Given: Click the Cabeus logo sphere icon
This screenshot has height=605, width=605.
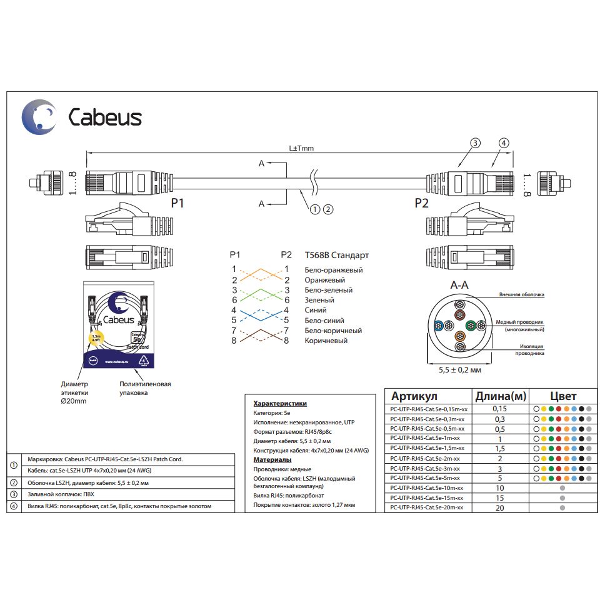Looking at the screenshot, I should [x=39, y=116].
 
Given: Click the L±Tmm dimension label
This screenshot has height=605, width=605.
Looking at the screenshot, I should [x=301, y=149].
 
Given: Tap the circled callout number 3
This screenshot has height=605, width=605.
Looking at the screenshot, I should [x=475, y=143].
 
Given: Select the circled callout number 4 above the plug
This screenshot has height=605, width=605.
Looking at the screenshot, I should [x=504, y=143].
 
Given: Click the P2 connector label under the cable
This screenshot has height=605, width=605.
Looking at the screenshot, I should [x=422, y=203].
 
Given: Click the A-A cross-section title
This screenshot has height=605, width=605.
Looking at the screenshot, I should [x=460, y=285].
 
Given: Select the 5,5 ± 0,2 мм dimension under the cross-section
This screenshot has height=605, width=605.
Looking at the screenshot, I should [x=460, y=371].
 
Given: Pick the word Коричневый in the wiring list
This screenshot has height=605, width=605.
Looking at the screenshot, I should [x=326, y=341].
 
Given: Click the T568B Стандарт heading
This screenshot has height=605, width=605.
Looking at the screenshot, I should [x=336, y=255].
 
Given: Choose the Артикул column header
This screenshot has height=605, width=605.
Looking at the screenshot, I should [x=414, y=396].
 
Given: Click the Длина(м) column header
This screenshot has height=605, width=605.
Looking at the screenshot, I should [x=500, y=396].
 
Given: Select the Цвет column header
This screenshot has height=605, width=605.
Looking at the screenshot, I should [x=563, y=396].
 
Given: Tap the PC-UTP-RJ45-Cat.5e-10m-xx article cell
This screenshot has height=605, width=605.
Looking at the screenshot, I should [x=426, y=487].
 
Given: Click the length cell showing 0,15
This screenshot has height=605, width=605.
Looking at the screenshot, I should [x=499, y=409].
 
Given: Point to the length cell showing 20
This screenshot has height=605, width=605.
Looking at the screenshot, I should [x=499, y=508].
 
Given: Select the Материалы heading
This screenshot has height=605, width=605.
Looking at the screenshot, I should [x=272, y=459].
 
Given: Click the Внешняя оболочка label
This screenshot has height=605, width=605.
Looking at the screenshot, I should [x=522, y=294].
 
